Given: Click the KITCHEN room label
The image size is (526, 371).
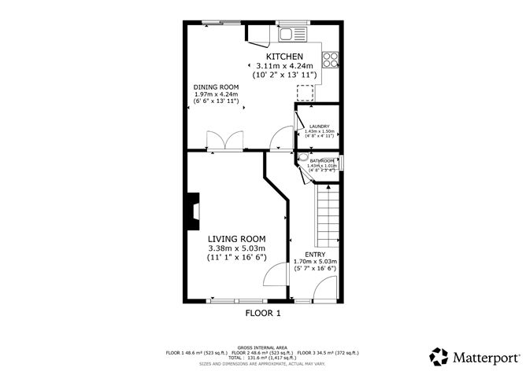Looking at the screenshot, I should [283, 57].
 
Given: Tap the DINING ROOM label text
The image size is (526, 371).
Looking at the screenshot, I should [216, 86].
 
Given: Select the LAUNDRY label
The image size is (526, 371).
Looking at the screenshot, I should [319, 126].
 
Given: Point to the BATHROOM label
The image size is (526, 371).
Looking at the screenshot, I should [322, 161].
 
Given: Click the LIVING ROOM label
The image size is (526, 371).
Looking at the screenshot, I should [236, 238].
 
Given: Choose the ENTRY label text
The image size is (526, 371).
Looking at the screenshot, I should [314, 254].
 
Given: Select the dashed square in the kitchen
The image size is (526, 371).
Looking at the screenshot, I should [305, 92].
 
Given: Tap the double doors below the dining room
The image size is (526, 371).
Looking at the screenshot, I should [224, 141].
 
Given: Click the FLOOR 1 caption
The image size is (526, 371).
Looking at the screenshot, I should [263, 312].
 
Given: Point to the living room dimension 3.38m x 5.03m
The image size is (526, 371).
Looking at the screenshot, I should [236, 248].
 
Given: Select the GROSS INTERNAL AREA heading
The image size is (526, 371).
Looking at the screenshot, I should [262, 346].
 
